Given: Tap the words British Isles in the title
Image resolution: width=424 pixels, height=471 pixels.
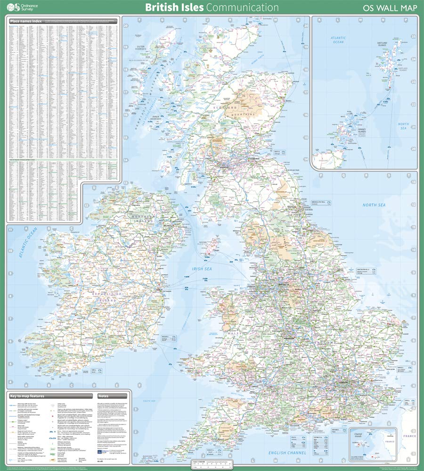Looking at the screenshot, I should coord(174,8).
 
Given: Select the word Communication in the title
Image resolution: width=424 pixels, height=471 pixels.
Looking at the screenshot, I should coord(243,8).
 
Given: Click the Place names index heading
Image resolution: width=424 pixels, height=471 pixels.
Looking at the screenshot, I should coord(27,21).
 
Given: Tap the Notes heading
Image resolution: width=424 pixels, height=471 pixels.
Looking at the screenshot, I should coord(103,396).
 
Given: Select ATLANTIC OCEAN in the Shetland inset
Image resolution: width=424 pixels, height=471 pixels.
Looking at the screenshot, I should coord(338,40).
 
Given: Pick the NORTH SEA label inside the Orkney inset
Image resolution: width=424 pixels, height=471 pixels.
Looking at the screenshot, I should coord(403,127).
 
